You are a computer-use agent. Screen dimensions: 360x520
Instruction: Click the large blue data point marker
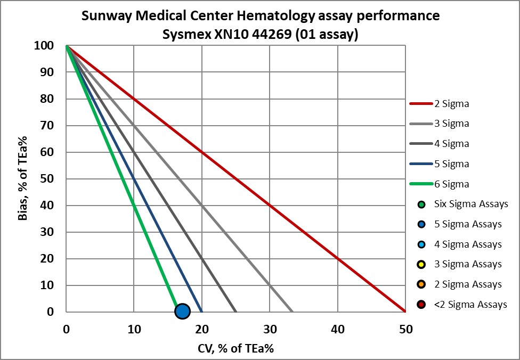pyautogui.click(x=182, y=312)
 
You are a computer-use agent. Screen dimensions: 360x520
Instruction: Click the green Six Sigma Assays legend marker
pyautogui.click(x=422, y=204)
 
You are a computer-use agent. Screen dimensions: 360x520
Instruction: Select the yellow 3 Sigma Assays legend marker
pyautogui.click(x=422, y=264)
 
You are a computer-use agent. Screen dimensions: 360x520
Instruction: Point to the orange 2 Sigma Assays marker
pyautogui.click(x=422, y=284)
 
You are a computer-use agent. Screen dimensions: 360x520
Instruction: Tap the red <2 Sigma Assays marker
pyautogui.click(x=422, y=305)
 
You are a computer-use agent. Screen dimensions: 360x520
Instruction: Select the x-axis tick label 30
pyautogui.click(x=270, y=330)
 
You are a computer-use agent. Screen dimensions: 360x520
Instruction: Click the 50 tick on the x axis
pyautogui.click(x=406, y=330)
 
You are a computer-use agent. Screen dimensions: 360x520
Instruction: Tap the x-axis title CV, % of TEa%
pyautogui.click(x=235, y=348)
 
